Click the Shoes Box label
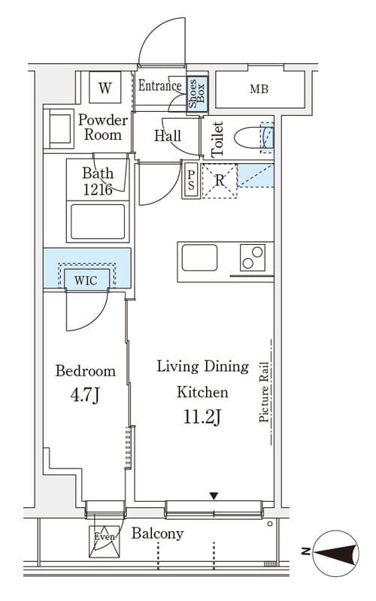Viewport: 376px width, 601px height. pos(197,93)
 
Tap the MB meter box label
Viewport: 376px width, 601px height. pos(259,89)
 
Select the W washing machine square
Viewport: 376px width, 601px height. pos(105,87)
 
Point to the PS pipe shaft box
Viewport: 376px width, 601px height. pos(191,180)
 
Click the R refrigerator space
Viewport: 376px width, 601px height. pos(220,180)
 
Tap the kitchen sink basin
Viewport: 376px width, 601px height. pos(199,258)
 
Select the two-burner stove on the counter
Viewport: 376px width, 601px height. pos(253,258)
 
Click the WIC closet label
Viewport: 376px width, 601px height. pos(86,280)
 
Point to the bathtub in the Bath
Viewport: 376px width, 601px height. pos(98,222)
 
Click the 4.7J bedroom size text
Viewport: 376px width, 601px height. pos(85,396)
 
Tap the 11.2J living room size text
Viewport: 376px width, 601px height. pos(202,417)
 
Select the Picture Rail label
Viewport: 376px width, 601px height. pos(264,392)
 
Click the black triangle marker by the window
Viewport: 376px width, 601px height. pos(214,496)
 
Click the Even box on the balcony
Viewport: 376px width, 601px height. pos(105,542)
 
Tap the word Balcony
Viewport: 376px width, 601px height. pos(157,533)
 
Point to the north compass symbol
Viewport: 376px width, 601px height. pos(335,552)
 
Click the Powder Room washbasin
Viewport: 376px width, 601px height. pos(59,128)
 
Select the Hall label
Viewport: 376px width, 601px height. pos(168,136)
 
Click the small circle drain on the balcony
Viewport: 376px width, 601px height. pos(270,524)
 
